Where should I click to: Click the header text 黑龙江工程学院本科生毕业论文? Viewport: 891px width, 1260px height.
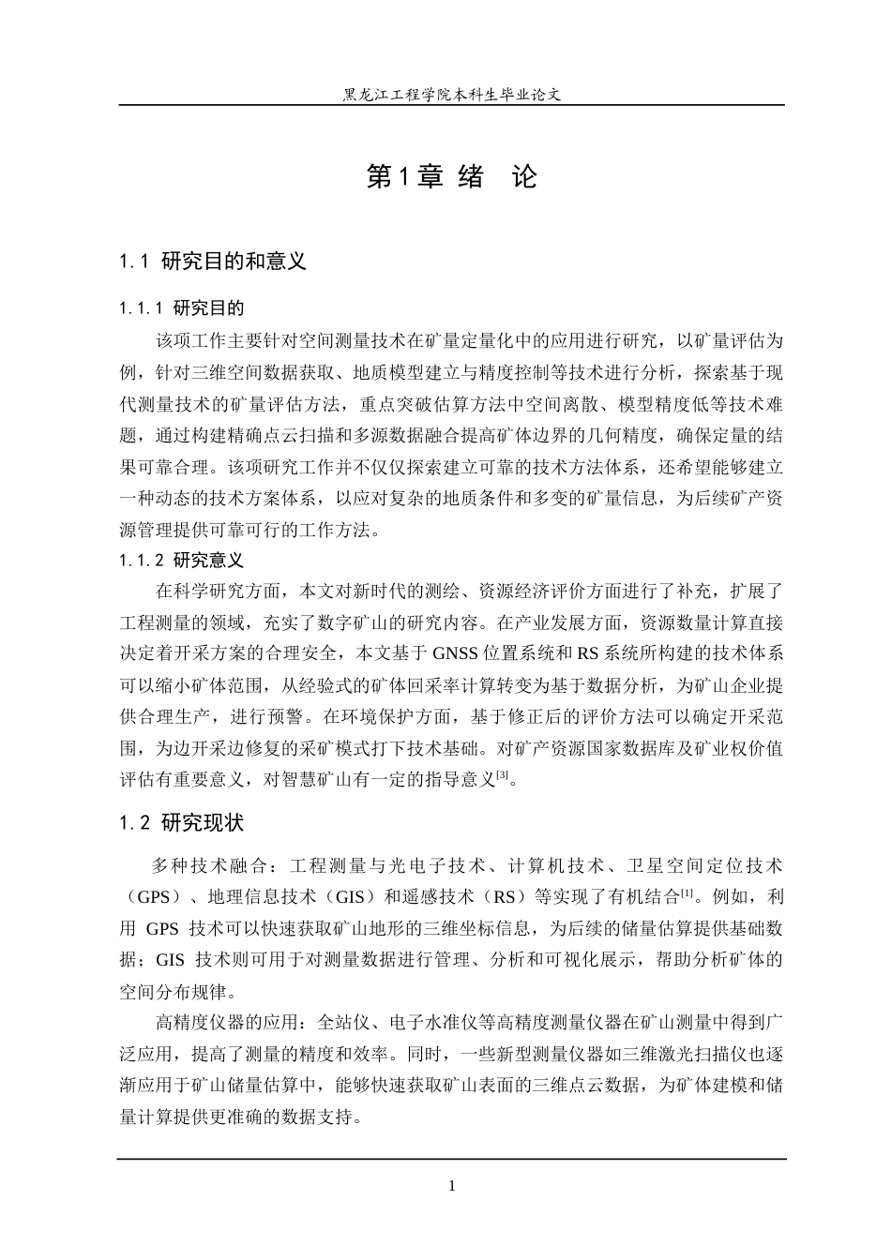(452, 94)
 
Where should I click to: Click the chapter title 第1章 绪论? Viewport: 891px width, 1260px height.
(452, 176)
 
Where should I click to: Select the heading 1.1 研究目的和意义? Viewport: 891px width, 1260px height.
(213, 262)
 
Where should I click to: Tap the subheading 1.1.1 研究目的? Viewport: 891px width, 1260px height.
(182, 308)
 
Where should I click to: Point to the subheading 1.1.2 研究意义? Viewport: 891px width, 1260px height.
(182, 561)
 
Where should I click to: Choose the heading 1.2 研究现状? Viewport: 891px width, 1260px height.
(182, 823)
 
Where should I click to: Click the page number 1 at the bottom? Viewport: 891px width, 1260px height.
(452, 1186)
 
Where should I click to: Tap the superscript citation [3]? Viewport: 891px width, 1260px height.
(503, 774)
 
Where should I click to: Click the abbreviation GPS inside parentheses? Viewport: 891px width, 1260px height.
(154, 896)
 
